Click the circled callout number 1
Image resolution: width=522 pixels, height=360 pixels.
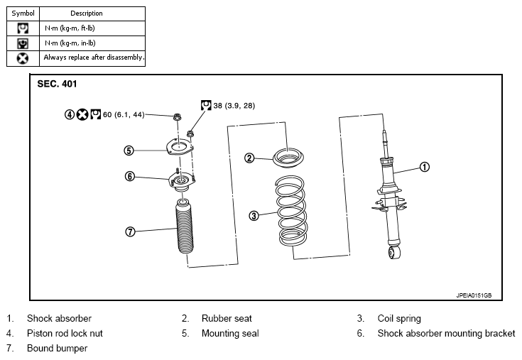click(x=425, y=167)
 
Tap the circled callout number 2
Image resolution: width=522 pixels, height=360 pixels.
click(x=249, y=158)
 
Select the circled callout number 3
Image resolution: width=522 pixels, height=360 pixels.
click(x=254, y=216)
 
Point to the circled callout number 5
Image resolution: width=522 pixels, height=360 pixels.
click(x=129, y=151)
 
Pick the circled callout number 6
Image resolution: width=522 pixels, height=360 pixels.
click(x=130, y=176)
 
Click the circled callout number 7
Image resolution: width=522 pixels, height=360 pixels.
click(x=130, y=231)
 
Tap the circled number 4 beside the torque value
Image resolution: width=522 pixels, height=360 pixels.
click(x=70, y=115)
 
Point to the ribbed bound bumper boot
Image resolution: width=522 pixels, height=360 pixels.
click(x=184, y=227)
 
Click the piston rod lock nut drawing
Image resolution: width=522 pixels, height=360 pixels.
click(x=177, y=116)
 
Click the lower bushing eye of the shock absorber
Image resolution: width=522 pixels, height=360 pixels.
click(x=394, y=252)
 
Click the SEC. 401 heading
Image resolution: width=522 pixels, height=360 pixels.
click(x=57, y=84)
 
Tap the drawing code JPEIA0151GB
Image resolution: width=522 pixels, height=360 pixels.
click(x=474, y=295)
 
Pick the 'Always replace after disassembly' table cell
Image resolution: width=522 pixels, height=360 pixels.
click(x=92, y=58)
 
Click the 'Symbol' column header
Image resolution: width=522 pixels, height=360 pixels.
click(x=23, y=13)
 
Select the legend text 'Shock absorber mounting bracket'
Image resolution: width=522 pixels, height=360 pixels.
click(x=446, y=334)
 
